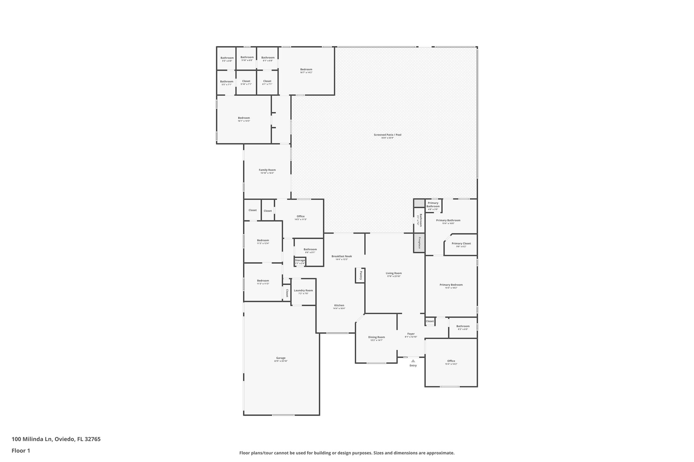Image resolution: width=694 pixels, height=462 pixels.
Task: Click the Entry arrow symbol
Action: pyautogui.click(x=413, y=361)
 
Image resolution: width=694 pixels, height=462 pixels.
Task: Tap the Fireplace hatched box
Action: pyautogui.click(x=419, y=243)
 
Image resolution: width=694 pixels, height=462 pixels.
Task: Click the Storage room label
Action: pyautogui.click(x=300, y=260)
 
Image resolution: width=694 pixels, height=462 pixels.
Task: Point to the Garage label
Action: pyautogui.click(x=281, y=358)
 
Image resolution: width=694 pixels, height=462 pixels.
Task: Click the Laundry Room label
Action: pyautogui.click(x=303, y=290)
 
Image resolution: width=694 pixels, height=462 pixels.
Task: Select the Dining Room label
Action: pyautogui.click(x=376, y=337)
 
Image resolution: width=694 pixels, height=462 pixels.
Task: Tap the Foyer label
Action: pyautogui.click(x=411, y=334)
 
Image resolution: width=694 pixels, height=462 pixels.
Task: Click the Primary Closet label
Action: pyautogui.click(x=461, y=243)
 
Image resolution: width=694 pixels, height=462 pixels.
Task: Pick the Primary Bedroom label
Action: pyautogui.click(x=451, y=285)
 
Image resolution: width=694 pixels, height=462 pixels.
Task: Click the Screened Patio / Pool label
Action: pyautogui.click(x=387, y=135)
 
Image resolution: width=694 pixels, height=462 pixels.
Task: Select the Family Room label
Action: pyautogui.click(x=267, y=170)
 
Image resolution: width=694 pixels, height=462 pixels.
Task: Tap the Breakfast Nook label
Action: pyautogui.click(x=342, y=256)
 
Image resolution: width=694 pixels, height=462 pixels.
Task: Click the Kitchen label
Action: pyautogui.click(x=339, y=305)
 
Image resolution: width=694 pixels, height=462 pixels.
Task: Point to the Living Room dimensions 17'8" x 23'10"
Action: pyautogui.click(x=394, y=276)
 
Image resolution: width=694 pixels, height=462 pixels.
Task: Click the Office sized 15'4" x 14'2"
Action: pyautogui.click(x=451, y=361)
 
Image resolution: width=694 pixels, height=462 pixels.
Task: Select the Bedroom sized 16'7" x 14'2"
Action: pyautogui.click(x=306, y=69)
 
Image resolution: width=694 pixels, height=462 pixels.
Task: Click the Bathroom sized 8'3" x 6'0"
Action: pyautogui.click(x=463, y=326)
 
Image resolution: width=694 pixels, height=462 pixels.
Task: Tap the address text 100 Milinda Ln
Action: pyautogui.click(x=32, y=439)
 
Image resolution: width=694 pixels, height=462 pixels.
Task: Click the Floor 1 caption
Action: pyautogui.click(x=21, y=450)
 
